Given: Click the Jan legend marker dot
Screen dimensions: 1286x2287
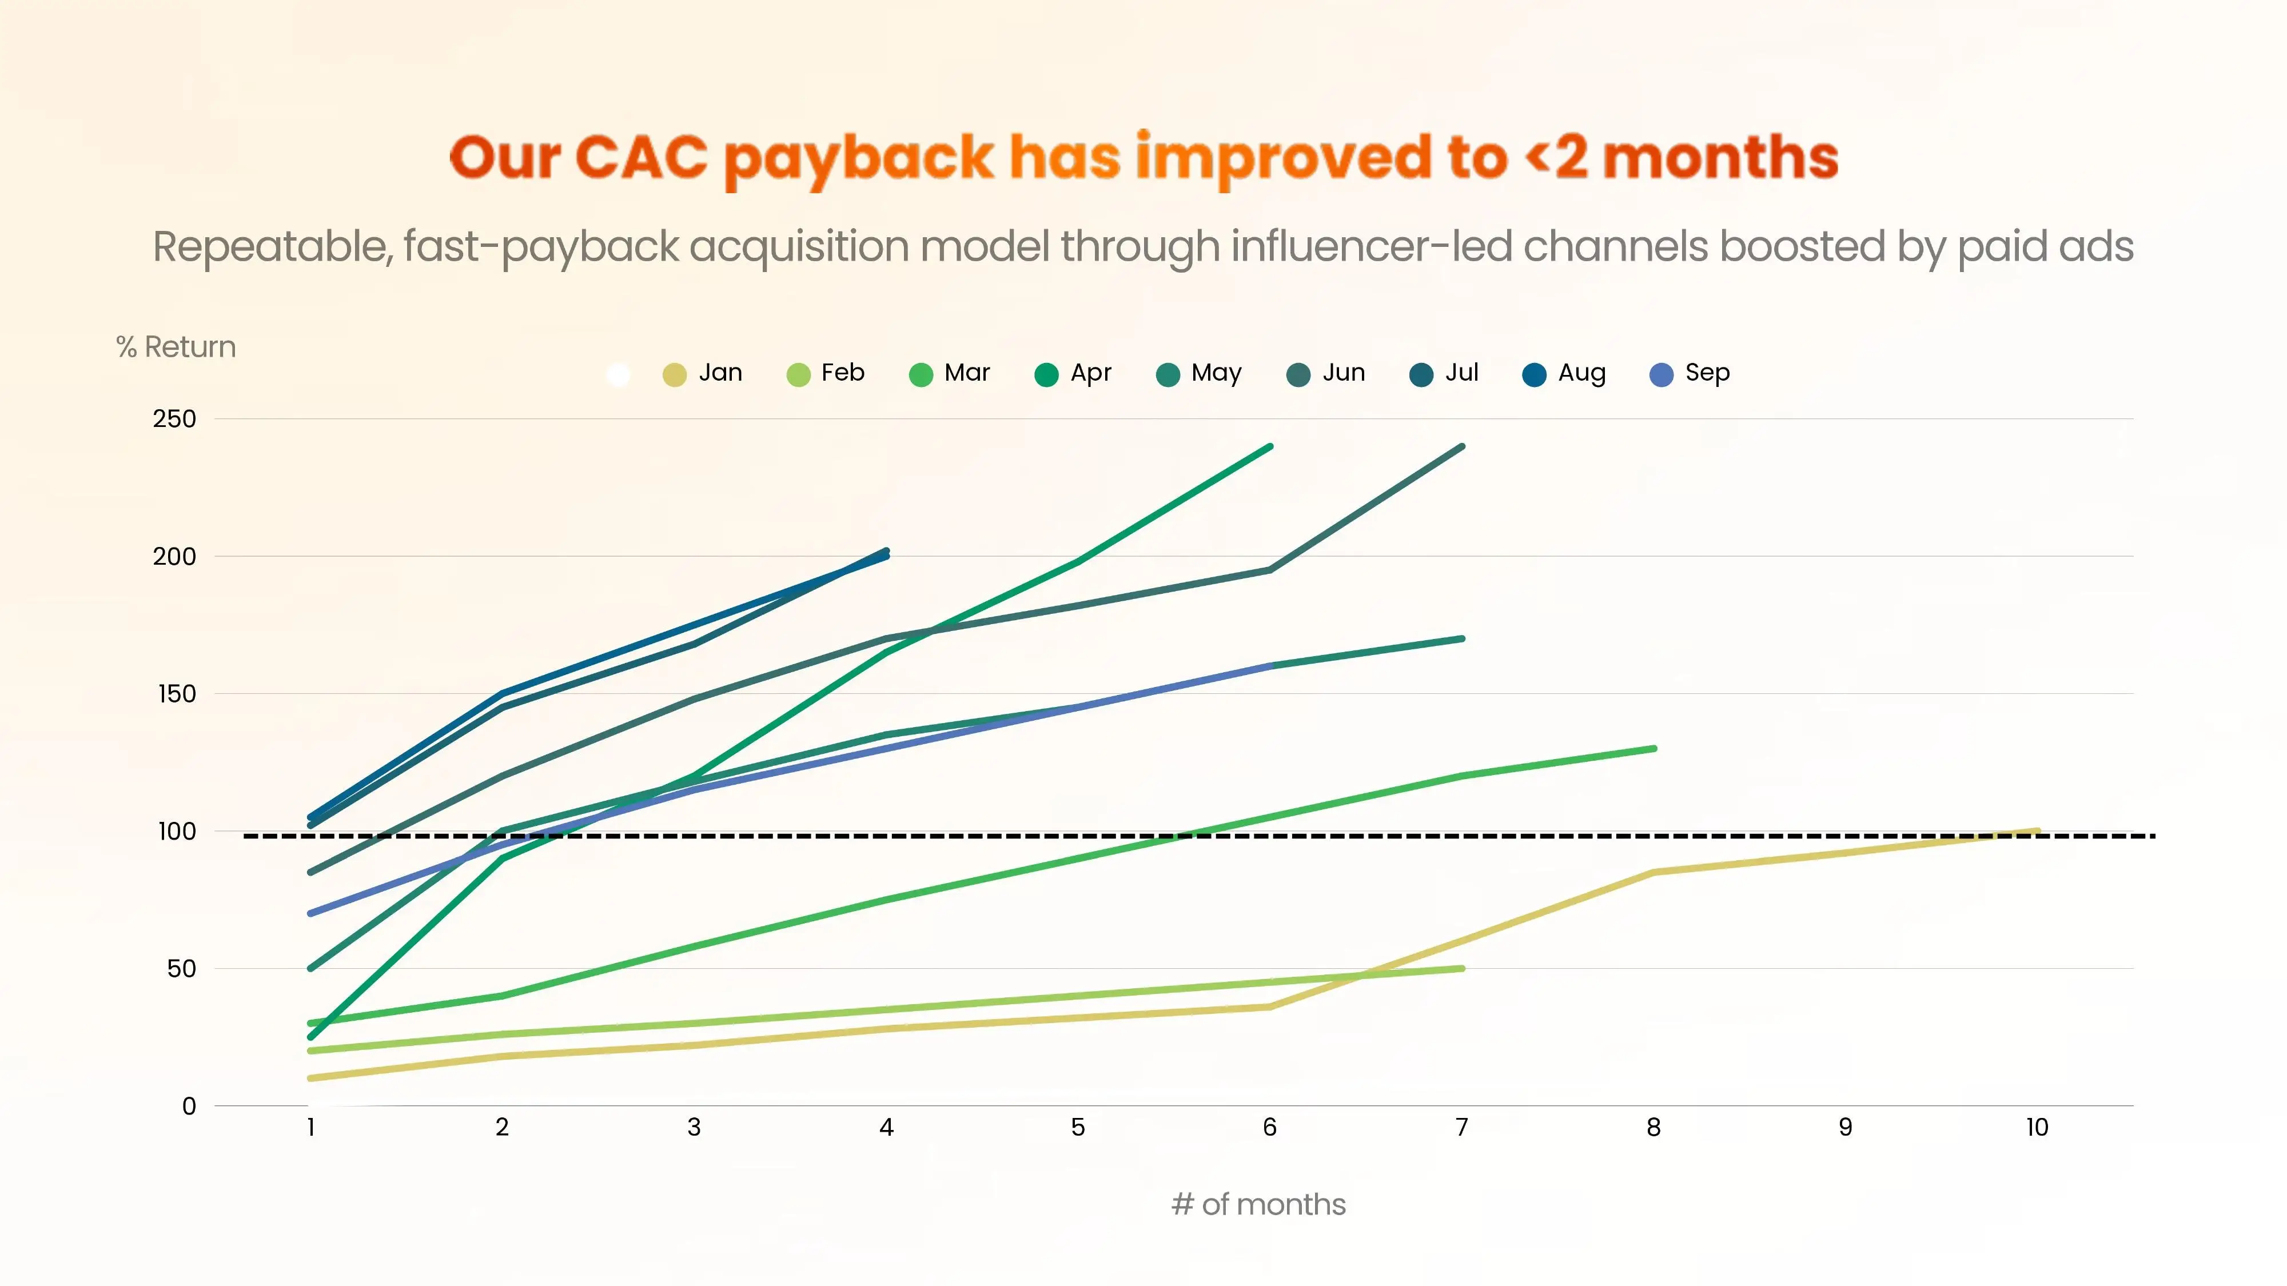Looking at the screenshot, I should (x=675, y=374).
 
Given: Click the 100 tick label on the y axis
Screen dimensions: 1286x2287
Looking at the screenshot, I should (x=177, y=832).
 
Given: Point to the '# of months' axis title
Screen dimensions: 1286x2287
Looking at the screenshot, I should (x=1258, y=1204).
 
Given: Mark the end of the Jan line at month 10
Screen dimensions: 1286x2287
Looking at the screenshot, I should (x=2037, y=832).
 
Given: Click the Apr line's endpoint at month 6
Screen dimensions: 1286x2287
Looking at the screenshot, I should (x=1270, y=446).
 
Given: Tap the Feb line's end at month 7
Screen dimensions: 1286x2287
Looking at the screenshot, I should (x=1461, y=968).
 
